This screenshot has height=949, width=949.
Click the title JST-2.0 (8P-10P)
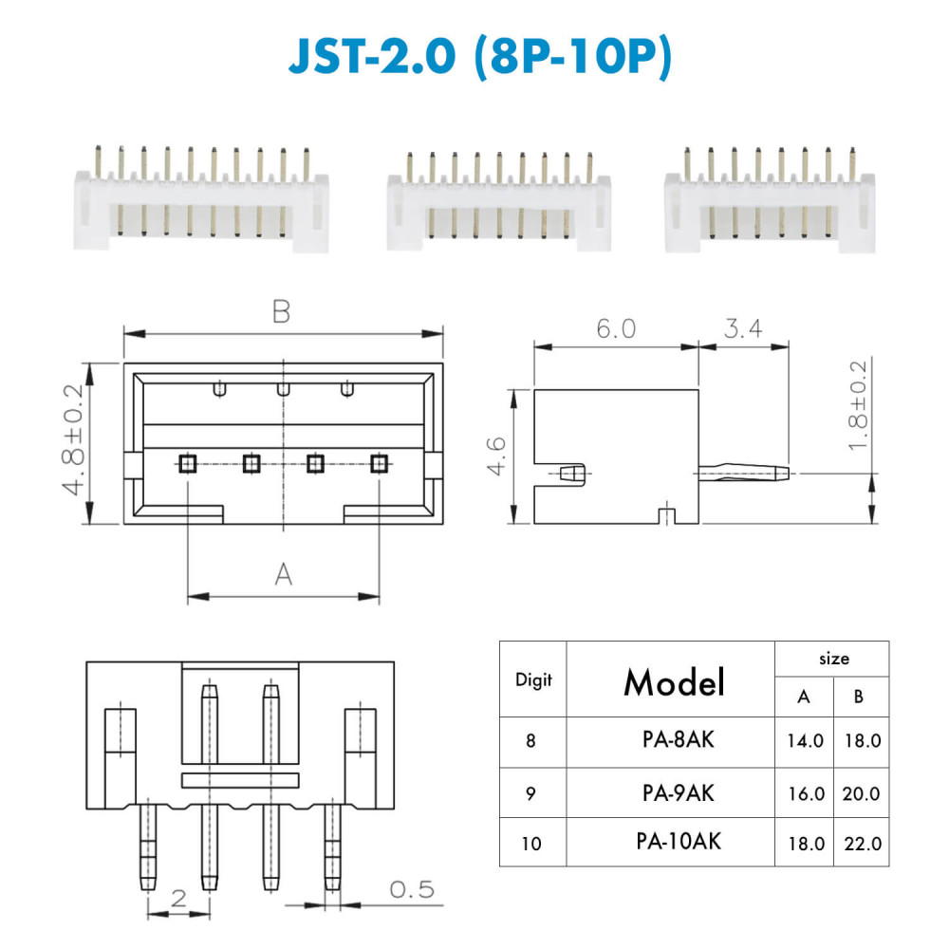click(480, 57)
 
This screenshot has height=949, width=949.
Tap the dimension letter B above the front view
click(282, 311)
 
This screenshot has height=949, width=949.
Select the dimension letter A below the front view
click(283, 574)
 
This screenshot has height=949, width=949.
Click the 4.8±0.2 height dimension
click(73, 439)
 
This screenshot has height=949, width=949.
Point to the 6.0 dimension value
click(616, 328)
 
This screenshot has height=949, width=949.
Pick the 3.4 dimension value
click(743, 328)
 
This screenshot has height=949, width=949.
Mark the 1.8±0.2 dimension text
click(858, 405)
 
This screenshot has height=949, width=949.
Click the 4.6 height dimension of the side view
click(495, 456)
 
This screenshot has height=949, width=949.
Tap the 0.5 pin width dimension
click(412, 889)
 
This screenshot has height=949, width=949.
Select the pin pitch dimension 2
click(178, 898)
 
